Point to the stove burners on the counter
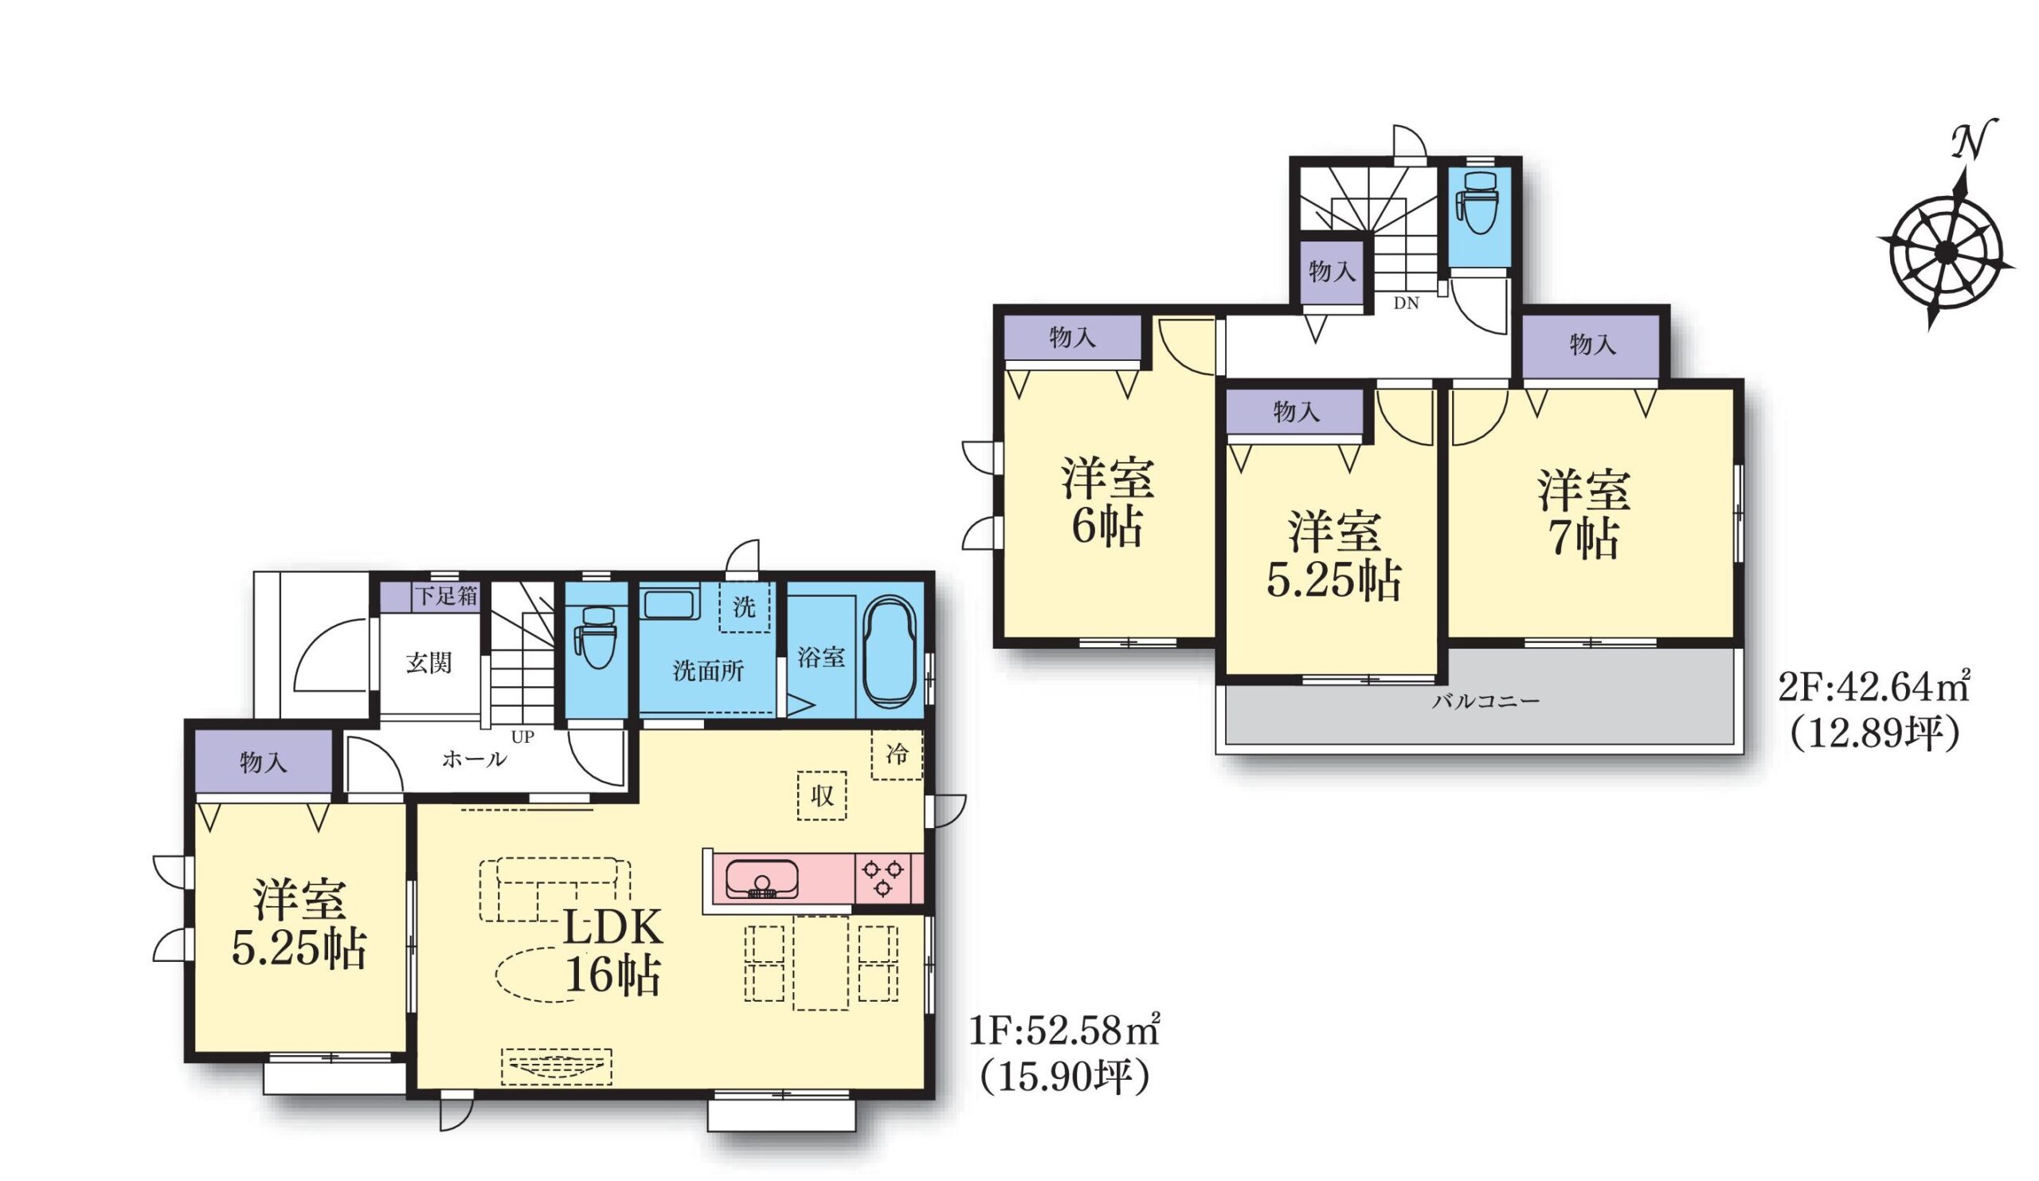883,878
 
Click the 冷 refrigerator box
897,755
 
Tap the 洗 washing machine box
744,606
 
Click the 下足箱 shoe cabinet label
446,597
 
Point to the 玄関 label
429,663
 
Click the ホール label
474,759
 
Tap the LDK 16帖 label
612,952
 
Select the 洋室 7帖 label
1584,514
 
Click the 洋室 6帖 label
1108,502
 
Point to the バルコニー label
1485,701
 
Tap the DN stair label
1407,304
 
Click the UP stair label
522,737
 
